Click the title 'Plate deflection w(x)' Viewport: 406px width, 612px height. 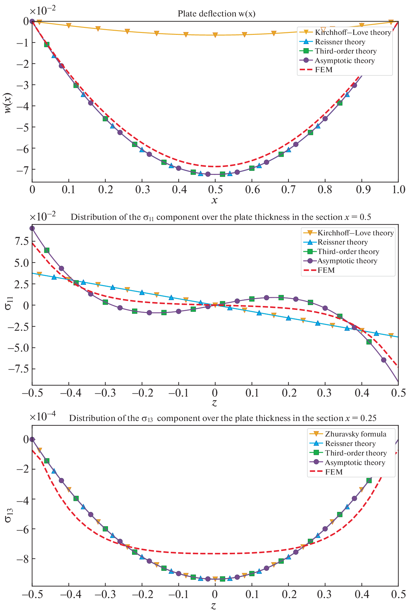point(216,14)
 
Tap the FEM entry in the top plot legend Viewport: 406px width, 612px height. point(324,70)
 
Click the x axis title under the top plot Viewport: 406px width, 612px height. point(215,200)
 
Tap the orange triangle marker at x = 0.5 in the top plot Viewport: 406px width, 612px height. point(215,35)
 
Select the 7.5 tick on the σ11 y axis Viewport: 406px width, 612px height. point(21,241)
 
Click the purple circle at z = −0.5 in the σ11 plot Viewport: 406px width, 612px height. point(32,228)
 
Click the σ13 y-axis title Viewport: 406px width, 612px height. point(9,514)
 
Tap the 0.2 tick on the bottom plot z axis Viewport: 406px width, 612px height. point(288,595)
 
